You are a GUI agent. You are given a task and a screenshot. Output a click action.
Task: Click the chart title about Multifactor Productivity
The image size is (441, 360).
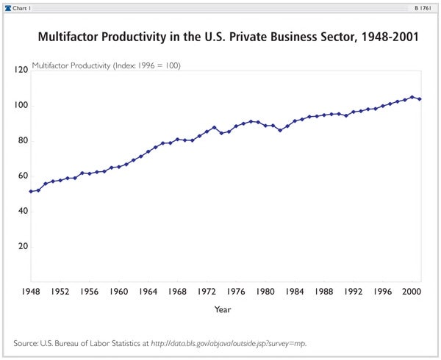point(227,37)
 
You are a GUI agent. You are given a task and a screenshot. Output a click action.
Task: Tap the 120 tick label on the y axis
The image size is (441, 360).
point(21,70)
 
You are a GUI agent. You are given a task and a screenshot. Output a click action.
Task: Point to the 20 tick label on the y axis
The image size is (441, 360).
point(22,246)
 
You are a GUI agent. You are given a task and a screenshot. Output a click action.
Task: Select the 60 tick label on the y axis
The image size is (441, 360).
point(22,176)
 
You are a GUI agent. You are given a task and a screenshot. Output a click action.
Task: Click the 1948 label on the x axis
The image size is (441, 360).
point(30,290)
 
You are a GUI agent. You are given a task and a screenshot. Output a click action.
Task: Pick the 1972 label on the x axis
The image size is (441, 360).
point(207,290)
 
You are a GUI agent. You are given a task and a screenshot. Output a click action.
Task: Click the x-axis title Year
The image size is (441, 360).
point(222,309)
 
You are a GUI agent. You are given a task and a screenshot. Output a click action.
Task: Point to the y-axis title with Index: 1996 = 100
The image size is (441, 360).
point(107,65)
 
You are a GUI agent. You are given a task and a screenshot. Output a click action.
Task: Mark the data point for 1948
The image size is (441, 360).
point(31,191)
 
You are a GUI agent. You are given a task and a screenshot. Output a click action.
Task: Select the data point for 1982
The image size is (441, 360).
point(280,130)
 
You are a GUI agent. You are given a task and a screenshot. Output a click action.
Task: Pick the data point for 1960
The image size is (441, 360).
point(119,167)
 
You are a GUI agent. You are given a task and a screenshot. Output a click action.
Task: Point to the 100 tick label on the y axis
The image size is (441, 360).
point(21,105)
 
